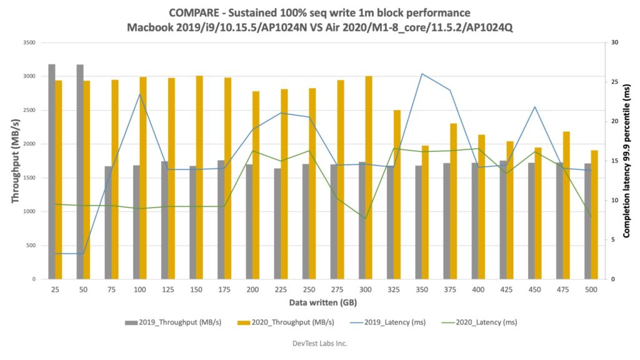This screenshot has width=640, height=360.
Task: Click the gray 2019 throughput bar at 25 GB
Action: (x=52, y=171)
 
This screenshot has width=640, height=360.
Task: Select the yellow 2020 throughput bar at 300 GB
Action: (x=369, y=177)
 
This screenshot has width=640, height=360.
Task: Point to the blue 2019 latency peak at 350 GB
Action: (x=422, y=74)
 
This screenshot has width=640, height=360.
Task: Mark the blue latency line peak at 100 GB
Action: (x=139, y=94)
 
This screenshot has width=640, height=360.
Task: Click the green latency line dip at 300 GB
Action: (x=366, y=219)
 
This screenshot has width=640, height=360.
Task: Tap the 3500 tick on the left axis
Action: (x=28, y=42)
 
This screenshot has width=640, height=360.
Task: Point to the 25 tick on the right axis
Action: (x=615, y=82)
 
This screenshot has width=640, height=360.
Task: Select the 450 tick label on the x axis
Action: (x=535, y=289)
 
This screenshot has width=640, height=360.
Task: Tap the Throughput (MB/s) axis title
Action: (x=15, y=161)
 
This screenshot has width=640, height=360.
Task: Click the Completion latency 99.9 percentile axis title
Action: (x=626, y=161)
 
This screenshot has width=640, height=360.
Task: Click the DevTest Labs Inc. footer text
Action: (x=319, y=343)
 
